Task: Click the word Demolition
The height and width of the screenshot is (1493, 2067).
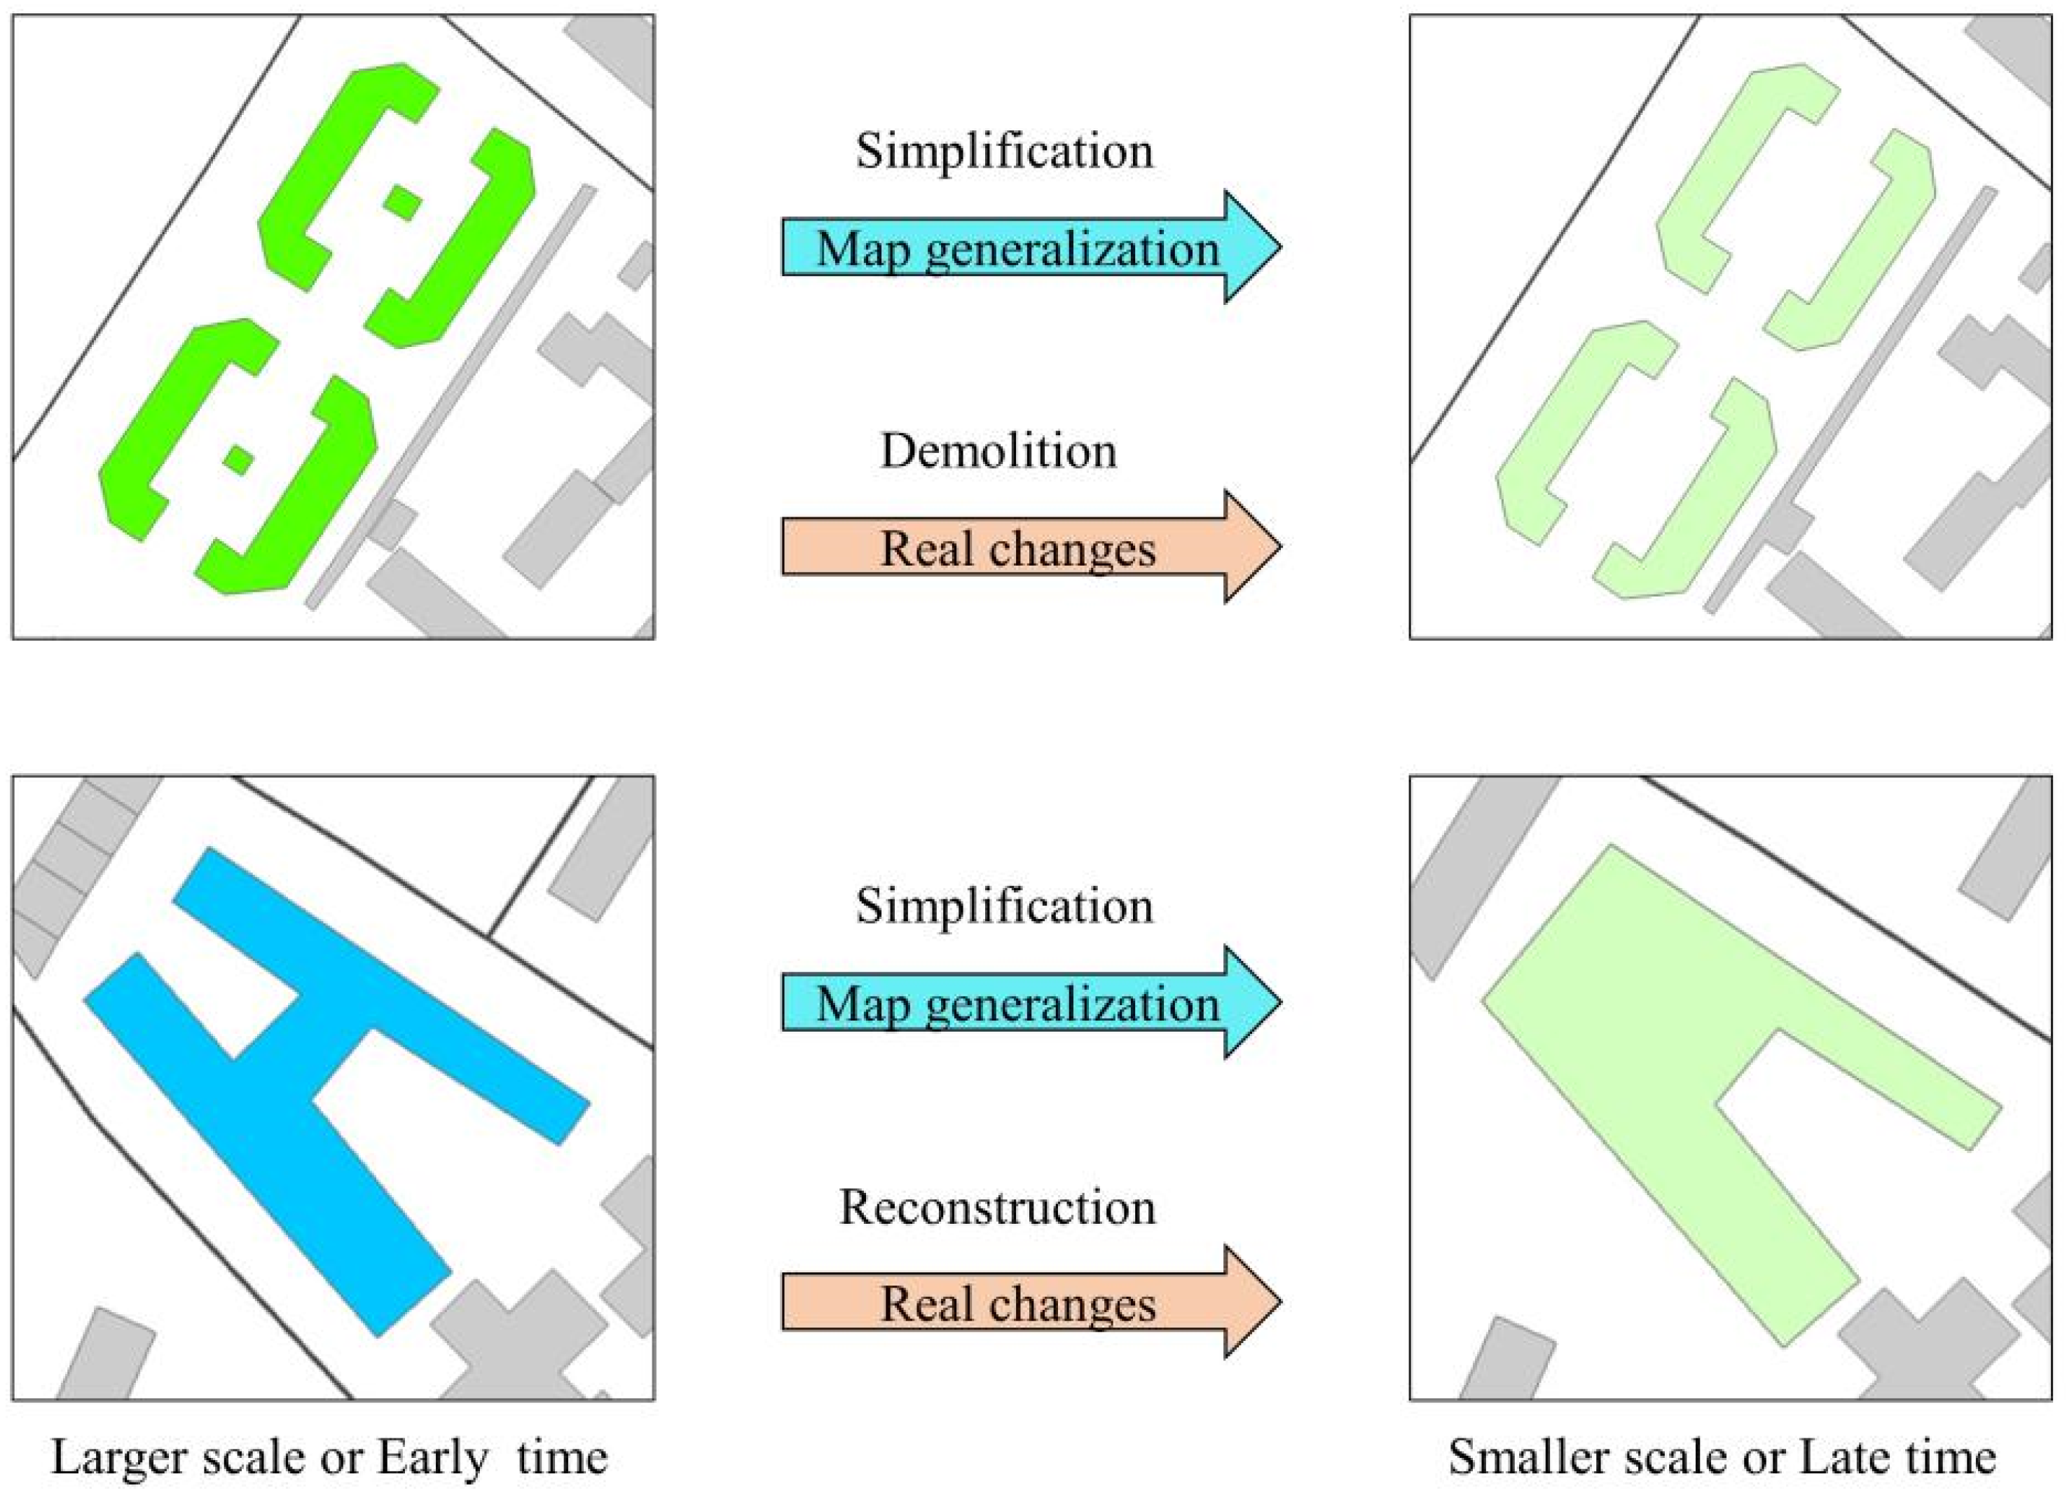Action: [998, 450]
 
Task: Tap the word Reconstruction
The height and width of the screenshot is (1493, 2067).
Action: [997, 1207]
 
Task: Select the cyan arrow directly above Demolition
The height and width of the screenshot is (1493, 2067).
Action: [1030, 247]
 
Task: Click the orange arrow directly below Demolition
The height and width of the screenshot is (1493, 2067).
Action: [1030, 547]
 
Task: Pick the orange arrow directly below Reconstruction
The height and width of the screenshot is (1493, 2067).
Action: [1030, 1302]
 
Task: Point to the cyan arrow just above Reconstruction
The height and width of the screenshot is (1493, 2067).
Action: [1030, 1002]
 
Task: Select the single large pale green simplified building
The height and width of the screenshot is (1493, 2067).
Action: [1640, 1048]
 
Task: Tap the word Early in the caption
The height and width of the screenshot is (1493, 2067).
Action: [432, 1457]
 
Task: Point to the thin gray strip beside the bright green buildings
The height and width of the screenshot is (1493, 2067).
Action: [455, 392]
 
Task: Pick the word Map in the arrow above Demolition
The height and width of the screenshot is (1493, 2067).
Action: [862, 249]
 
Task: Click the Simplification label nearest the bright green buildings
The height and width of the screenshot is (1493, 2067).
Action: [1003, 151]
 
